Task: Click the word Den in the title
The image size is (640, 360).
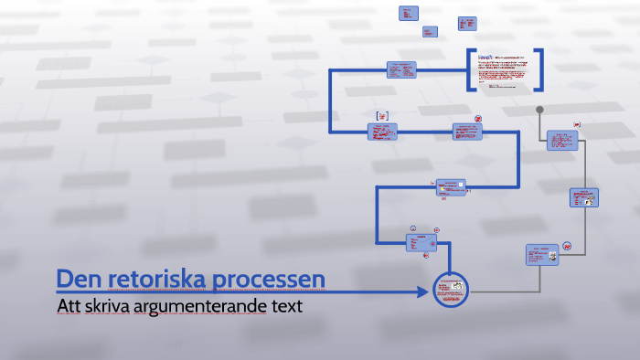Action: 77,278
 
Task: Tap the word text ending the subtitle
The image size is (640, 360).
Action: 286,306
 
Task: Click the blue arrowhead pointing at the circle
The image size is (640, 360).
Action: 422,291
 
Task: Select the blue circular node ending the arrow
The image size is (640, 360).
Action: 450,291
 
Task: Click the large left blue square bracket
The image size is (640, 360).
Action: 471,70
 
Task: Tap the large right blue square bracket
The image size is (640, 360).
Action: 539,70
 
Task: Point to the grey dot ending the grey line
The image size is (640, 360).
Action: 539,111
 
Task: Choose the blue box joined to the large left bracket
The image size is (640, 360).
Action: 401,69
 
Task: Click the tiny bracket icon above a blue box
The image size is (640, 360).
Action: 382,115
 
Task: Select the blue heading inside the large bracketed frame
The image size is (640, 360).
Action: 486,58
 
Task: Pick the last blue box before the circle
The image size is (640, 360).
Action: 421,241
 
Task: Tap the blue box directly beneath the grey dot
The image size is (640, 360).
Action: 562,140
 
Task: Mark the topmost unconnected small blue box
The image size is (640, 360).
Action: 409,13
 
